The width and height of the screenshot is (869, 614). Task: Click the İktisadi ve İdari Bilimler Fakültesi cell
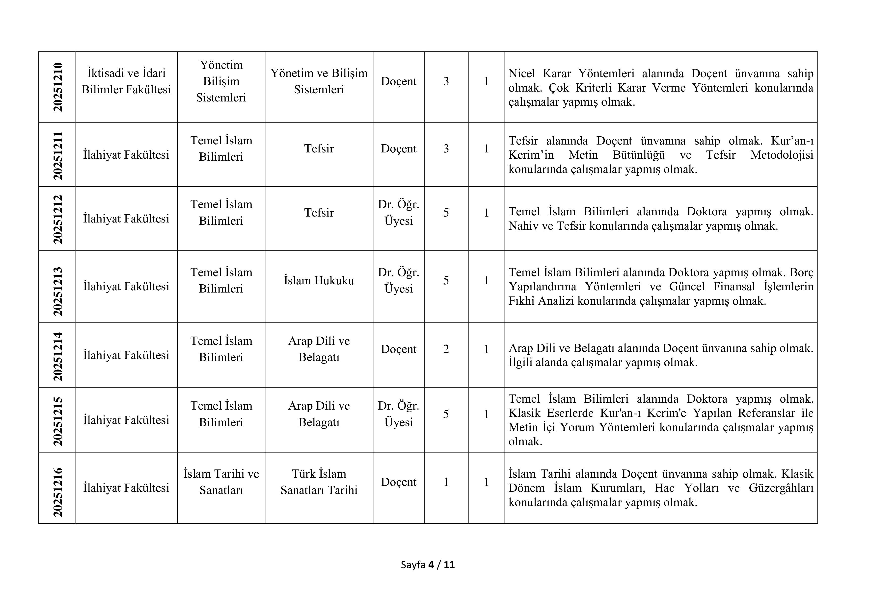pos(126,81)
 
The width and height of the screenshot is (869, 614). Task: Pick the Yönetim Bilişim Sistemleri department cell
pos(221,81)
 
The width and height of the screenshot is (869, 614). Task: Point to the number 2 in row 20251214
pos(446,349)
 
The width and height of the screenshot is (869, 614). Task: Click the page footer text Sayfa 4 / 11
pos(428,565)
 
